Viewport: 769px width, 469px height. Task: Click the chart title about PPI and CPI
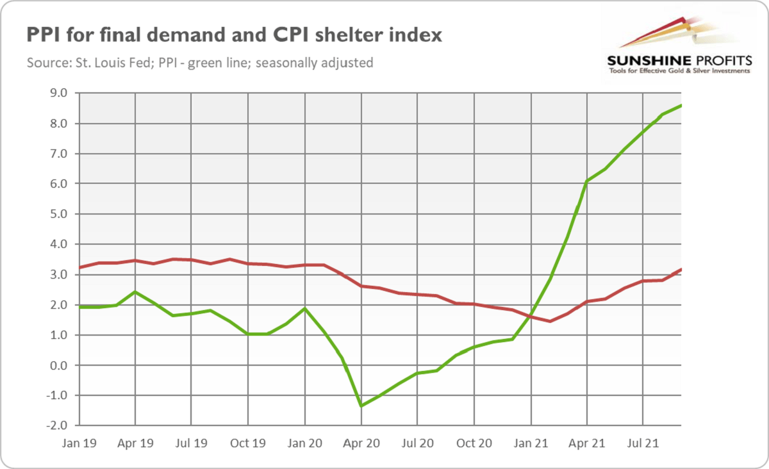[x=234, y=35]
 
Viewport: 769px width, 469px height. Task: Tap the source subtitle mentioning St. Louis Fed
[x=200, y=63]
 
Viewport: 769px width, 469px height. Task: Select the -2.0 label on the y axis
[x=56, y=425]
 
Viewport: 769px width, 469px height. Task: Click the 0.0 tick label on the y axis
[x=58, y=365]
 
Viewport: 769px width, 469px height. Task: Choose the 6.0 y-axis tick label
[x=58, y=184]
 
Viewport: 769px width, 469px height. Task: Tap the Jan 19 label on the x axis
[x=78, y=443]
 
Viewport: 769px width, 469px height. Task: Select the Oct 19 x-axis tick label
[x=248, y=443]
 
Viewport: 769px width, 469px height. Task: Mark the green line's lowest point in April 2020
[x=361, y=406]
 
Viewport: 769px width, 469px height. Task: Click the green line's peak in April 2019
[x=135, y=292]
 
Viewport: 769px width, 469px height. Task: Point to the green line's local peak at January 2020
[x=304, y=308]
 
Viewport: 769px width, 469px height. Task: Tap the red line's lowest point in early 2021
[x=550, y=321]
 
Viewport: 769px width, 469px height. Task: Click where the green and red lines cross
[x=531, y=316]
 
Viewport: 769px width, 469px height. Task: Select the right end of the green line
[x=681, y=105]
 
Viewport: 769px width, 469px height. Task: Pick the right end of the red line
[x=681, y=269]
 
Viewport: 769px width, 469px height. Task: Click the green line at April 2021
[x=586, y=181]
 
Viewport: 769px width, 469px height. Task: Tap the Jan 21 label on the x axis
[x=530, y=443]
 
